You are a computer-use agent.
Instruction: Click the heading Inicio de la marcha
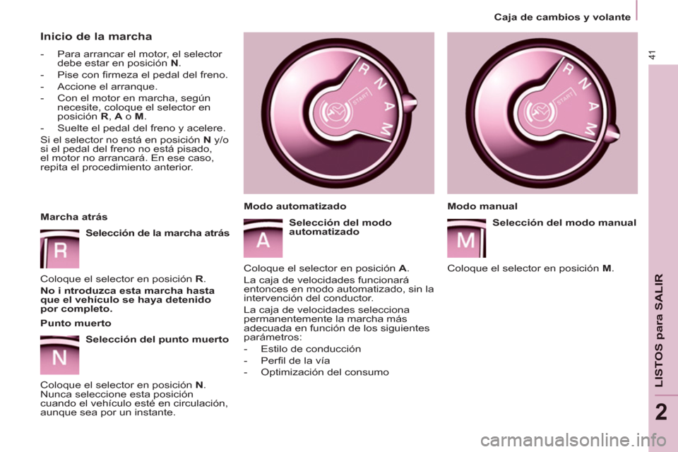(96, 36)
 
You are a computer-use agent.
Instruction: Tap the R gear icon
(59, 249)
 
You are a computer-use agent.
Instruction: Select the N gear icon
(59, 355)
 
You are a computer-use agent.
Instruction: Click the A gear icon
(263, 238)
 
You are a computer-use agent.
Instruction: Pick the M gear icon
(467, 238)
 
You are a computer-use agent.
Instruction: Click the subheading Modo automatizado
(295, 206)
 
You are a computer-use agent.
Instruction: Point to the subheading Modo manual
(482, 206)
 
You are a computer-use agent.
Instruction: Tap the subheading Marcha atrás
(74, 217)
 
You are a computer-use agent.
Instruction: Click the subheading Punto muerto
(76, 323)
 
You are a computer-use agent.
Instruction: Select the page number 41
(652, 55)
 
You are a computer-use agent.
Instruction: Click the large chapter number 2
(661, 412)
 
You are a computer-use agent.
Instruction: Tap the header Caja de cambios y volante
(562, 17)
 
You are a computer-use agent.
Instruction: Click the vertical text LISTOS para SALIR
(658, 331)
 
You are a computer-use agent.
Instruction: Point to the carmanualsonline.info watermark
(573, 441)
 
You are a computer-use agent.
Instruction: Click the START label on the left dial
(361, 98)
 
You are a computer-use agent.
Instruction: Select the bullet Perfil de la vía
(295, 360)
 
